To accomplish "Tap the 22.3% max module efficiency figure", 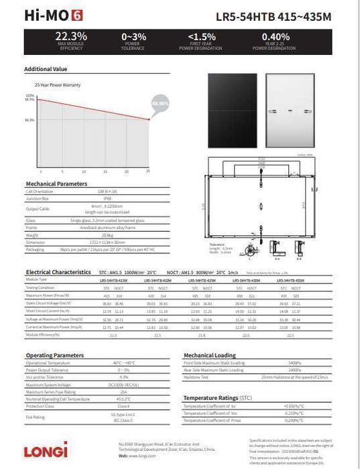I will pos(71,36).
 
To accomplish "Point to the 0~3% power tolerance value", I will pos(133,36).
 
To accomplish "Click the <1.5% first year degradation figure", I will pos(201,36).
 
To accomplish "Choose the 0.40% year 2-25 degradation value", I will pos(276,36).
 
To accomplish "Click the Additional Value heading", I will pos(46,69).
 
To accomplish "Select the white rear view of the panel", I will pos(291,113).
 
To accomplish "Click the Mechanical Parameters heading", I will pos(56,184).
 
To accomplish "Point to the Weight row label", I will pos(31,235).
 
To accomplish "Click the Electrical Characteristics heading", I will pos(58,272).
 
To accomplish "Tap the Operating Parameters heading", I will pos(55,354).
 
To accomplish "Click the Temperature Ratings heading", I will pos(218,398).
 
